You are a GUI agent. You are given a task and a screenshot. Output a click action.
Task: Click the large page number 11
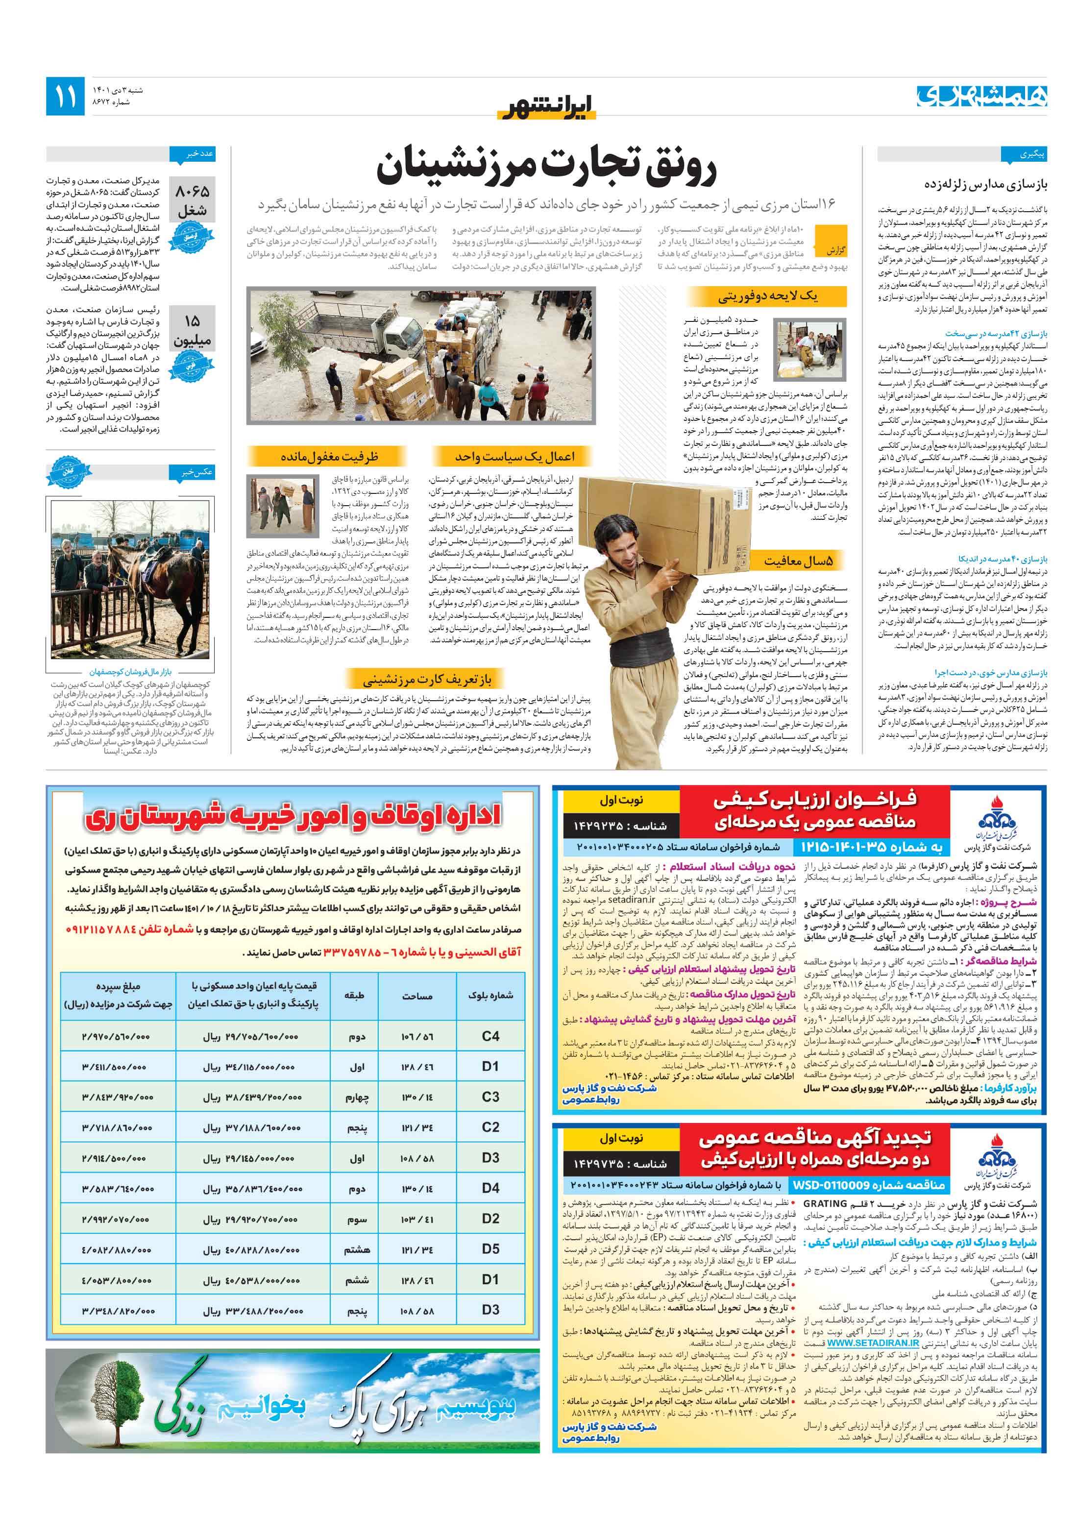click(x=66, y=96)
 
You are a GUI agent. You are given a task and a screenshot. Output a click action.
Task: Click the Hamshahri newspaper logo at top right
click(x=981, y=96)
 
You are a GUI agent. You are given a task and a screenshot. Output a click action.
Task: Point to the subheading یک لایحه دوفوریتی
click(x=767, y=296)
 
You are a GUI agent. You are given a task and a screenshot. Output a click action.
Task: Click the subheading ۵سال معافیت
click(x=798, y=561)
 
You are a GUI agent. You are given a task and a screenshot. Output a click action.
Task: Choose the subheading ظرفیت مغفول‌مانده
click(x=329, y=457)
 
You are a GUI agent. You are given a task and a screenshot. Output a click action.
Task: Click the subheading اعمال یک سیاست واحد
click(x=514, y=457)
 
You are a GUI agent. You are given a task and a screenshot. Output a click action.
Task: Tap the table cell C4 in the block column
click(x=490, y=1036)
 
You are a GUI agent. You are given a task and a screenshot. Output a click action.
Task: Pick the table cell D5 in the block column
click(x=490, y=1249)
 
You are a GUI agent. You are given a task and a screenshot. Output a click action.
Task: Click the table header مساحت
click(x=417, y=996)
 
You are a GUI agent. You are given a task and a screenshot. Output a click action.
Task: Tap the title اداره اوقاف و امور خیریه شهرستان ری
click(x=292, y=816)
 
